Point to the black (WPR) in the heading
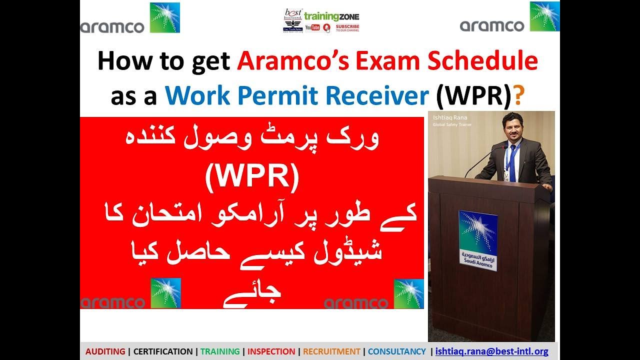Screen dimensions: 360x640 click(474, 96)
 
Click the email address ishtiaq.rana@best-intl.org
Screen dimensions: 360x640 click(492, 351)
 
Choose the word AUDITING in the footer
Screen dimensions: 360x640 click(105, 351)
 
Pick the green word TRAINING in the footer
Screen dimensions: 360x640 click(220, 351)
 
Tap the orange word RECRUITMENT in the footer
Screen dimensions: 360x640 click(331, 351)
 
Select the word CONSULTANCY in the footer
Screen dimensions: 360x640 click(397, 351)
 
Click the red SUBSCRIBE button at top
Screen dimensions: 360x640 click(347, 28)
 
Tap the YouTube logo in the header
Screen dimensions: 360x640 click(312, 27)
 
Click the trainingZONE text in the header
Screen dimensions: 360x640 click(331, 16)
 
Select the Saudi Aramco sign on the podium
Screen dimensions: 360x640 click(478, 240)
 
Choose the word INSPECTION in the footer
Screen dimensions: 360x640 click(271, 351)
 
